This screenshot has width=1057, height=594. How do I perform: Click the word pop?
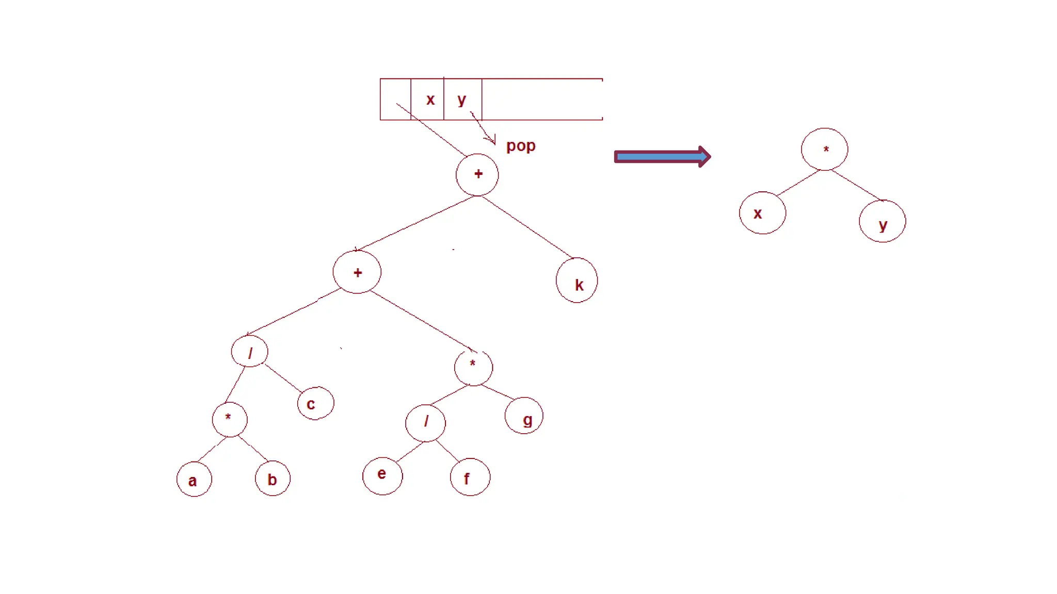tap(521, 146)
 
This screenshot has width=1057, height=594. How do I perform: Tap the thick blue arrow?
tap(662, 157)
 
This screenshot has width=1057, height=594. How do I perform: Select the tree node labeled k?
tap(577, 280)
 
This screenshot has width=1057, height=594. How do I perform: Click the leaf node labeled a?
tap(194, 480)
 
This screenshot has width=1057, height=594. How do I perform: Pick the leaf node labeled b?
tap(273, 478)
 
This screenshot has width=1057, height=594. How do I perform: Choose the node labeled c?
tap(315, 403)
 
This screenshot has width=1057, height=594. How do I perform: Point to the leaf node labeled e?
tap(382, 475)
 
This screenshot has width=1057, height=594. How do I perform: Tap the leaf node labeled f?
tap(470, 477)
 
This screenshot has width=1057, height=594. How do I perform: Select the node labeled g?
tap(524, 416)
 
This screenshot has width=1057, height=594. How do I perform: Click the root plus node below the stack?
tap(477, 175)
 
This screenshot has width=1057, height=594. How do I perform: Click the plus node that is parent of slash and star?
tap(357, 272)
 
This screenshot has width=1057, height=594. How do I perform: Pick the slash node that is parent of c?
tap(250, 352)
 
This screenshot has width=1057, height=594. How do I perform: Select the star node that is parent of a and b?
tap(230, 419)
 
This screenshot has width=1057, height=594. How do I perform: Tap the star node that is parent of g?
tap(473, 367)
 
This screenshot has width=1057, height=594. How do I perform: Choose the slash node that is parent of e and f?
tap(426, 423)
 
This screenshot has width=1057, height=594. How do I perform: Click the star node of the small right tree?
tap(824, 150)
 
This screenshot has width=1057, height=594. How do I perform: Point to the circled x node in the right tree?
tap(762, 213)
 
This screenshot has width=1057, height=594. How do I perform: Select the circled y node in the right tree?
tap(882, 222)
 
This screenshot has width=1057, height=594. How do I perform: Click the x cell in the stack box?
tap(428, 100)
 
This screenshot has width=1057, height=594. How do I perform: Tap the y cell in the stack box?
tap(462, 100)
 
